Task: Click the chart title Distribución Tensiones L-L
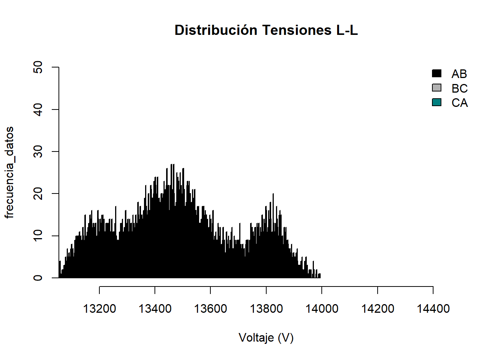click(266, 30)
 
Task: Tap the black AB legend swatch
click(436, 73)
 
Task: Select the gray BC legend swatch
click(436, 88)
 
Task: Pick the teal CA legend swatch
click(436, 102)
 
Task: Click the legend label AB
click(459, 74)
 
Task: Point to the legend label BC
click(459, 88)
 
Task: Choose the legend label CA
click(459, 103)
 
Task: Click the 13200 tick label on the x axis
click(99, 309)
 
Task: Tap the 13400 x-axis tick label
click(155, 309)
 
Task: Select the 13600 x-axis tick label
click(210, 309)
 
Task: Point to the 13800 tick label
click(266, 309)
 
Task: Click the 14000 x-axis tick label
click(322, 309)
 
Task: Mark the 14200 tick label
click(378, 309)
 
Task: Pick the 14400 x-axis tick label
click(433, 309)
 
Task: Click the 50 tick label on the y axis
click(38, 67)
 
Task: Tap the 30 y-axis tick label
click(38, 151)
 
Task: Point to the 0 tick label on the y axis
click(38, 278)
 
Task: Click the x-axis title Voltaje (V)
click(266, 338)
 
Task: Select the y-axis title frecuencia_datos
click(9, 172)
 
